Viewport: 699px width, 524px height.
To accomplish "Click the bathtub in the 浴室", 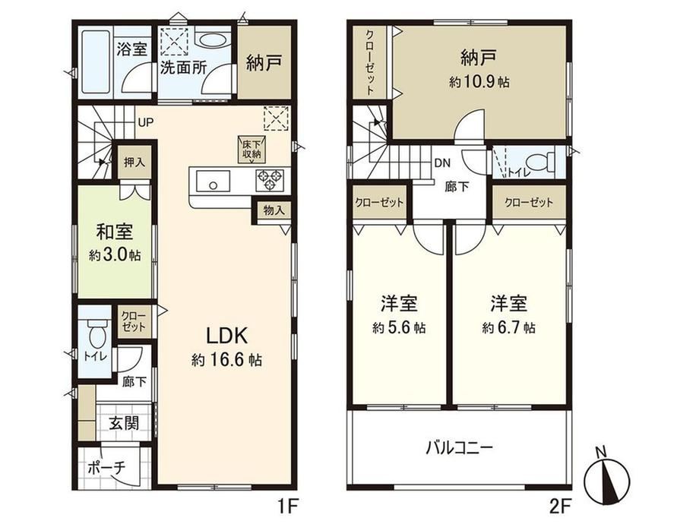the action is pyautogui.click(x=96, y=61).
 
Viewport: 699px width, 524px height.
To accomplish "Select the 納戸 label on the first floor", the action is pyautogui.click(x=264, y=64).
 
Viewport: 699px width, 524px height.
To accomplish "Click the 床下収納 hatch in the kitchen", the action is pyautogui.click(x=252, y=150).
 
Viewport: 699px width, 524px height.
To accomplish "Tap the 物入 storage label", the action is pyautogui.click(x=274, y=210).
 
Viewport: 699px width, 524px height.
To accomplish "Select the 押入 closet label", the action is pyautogui.click(x=134, y=163).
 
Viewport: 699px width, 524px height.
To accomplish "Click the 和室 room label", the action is pyautogui.click(x=115, y=232).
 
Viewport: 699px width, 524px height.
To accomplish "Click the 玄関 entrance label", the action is pyautogui.click(x=124, y=423).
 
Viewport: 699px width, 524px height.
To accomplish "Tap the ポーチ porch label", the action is pyautogui.click(x=107, y=469).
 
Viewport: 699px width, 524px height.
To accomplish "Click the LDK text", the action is pyautogui.click(x=226, y=336).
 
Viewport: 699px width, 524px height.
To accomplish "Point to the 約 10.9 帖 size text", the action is pyautogui.click(x=479, y=82).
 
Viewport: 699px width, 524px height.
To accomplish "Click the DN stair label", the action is pyautogui.click(x=442, y=163).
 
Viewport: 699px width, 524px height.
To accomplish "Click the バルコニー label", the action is pyautogui.click(x=459, y=447).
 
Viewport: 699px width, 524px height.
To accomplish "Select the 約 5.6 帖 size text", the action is pyautogui.click(x=399, y=328).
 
